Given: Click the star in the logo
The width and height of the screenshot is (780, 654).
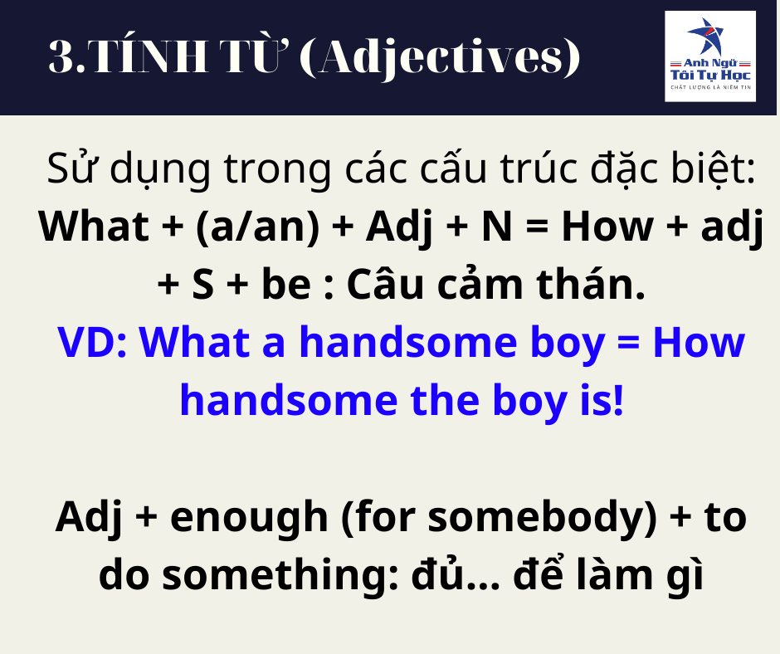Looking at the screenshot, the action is [x=706, y=37].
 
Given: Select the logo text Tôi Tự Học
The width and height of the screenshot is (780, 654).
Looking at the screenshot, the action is [x=710, y=76].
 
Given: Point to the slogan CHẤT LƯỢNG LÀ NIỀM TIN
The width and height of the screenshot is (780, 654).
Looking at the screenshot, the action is [x=710, y=88].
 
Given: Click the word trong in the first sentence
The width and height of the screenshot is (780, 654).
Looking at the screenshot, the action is [x=277, y=170].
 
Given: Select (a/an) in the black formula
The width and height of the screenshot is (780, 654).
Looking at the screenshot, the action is [x=258, y=227].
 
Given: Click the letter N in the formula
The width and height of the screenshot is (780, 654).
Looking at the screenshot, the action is [x=497, y=227].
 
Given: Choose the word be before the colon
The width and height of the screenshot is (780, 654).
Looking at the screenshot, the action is [x=286, y=284].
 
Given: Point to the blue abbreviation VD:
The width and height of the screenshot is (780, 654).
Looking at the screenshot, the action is [x=93, y=343].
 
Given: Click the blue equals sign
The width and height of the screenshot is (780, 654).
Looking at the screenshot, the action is [x=628, y=344].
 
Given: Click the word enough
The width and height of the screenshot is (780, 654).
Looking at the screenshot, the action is [x=249, y=519].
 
